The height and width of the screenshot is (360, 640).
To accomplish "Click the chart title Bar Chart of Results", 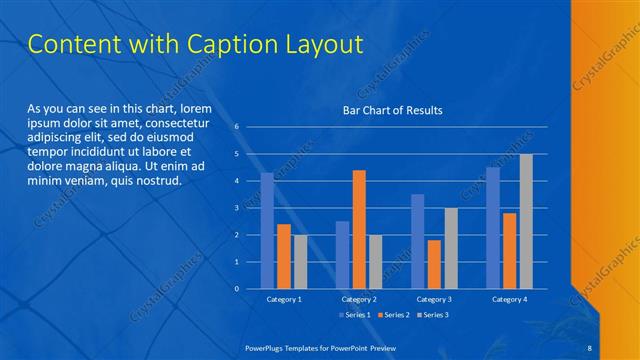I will coord(392,110).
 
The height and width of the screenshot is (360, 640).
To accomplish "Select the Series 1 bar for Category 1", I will coord(267,231).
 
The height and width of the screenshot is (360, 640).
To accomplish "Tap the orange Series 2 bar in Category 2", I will coord(359,229).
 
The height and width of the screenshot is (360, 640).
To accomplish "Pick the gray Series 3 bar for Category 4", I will coord(526,221).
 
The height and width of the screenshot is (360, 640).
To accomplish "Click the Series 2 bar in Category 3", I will coord(434,264).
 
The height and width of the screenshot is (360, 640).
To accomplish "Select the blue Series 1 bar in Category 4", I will coord(492,228).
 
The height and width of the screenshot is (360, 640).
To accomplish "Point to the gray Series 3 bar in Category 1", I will coord(300,262).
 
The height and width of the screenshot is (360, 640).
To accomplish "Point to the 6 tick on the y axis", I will coord(237,127).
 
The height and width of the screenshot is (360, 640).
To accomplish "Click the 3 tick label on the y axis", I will coord(237,208).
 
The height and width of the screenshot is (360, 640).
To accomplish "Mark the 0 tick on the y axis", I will coord(237,289).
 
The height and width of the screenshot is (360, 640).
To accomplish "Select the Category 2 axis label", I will coord(359,299).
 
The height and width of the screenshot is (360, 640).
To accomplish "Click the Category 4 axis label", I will coord(509,299).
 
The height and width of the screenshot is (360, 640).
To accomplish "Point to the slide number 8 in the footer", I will coord(590,345).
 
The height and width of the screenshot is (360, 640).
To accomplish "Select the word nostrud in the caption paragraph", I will coord(158,181).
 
